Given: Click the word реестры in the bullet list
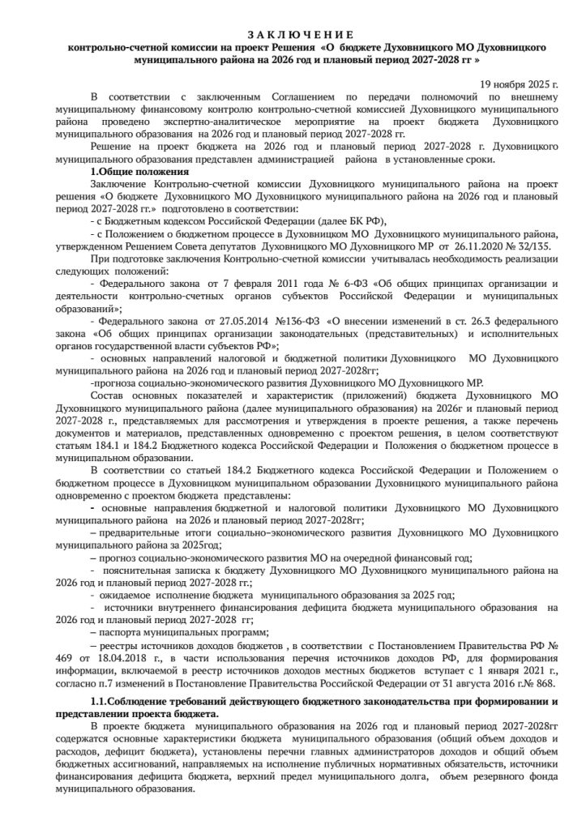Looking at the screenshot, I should click(x=122, y=647).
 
